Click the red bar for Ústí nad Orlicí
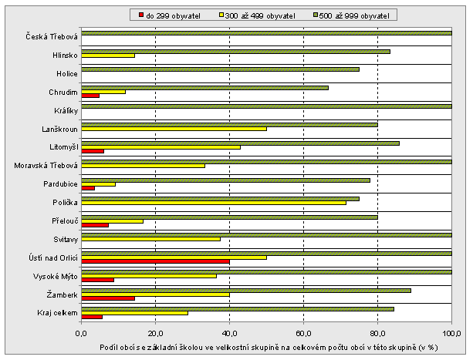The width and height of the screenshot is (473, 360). pyautogui.click(x=155, y=261)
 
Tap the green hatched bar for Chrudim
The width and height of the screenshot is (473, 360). pyautogui.click(x=204, y=87)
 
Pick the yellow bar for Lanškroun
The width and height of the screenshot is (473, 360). pyautogui.click(x=174, y=128)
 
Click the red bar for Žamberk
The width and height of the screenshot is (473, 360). pyautogui.click(x=108, y=298)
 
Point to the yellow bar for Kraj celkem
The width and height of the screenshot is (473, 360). pyautogui.click(x=134, y=312)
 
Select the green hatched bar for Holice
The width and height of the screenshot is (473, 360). pyautogui.click(x=220, y=69)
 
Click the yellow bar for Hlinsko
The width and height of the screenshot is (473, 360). pyautogui.click(x=108, y=55)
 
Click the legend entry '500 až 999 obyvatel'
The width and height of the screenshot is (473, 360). pyautogui.click(x=354, y=15)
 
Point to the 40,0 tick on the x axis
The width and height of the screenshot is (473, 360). pyautogui.click(x=229, y=334)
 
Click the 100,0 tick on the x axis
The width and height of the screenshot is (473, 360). pyautogui.click(x=452, y=334)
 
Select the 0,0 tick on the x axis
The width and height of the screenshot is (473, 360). pyautogui.click(x=81, y=334)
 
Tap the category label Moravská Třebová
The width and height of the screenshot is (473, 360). pyautogui.click(x=46, y=166)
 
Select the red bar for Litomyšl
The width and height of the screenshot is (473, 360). pyautogui.click(x=93, y=151)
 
